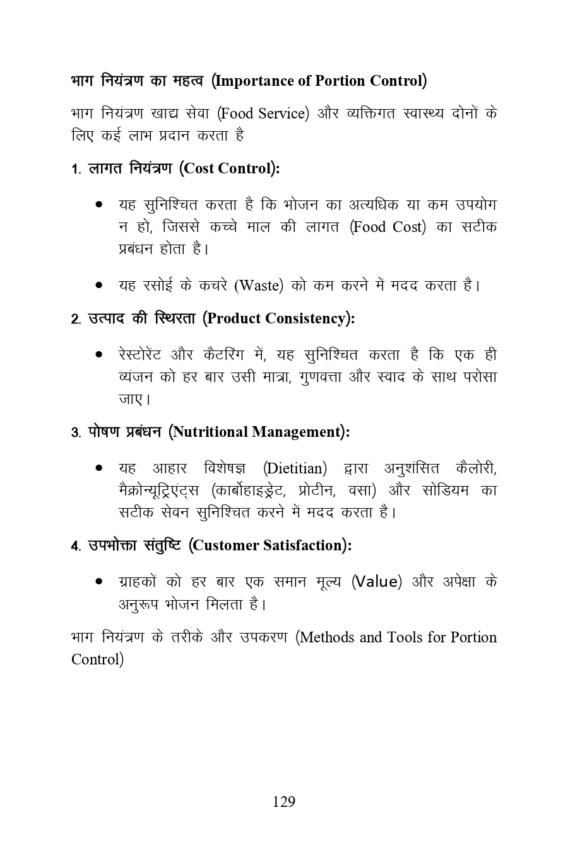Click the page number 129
[284, 801]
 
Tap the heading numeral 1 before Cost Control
[74, 170]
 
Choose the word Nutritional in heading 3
[210, 432]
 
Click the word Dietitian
[295, 468]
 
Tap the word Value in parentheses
[376, 581]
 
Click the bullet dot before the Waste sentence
[99, 286]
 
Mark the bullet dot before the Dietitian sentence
[99, 469]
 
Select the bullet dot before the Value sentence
[99, 582]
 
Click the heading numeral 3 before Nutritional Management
[74, 433]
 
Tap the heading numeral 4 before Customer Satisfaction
[74, 547]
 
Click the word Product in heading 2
[234, 318]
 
